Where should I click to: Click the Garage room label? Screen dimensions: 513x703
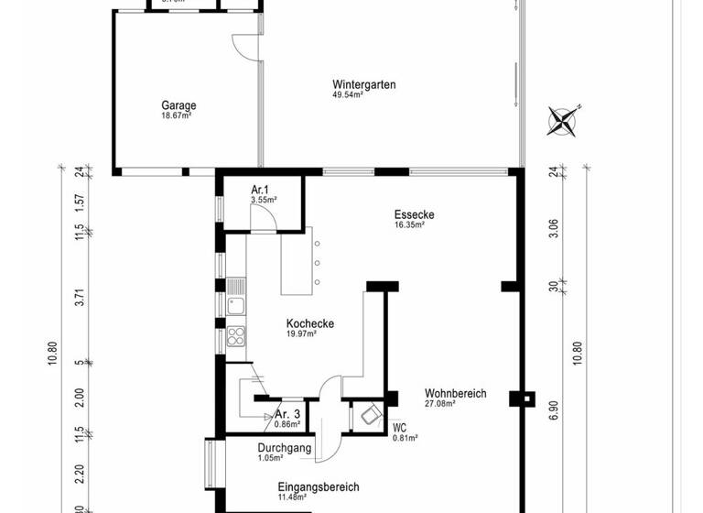179,105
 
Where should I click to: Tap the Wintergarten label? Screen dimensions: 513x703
363,84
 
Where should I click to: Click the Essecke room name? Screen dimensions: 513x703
414,214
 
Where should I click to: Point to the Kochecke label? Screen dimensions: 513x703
309,323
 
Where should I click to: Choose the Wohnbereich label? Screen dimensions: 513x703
455,393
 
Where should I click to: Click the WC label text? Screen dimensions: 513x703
399,427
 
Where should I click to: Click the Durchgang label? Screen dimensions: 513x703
285,448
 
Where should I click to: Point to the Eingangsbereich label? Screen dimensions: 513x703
318,487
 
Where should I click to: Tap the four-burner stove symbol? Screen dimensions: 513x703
236,334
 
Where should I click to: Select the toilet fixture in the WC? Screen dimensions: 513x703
370,416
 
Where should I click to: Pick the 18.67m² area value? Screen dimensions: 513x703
177,115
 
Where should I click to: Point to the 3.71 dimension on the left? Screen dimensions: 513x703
81,297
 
